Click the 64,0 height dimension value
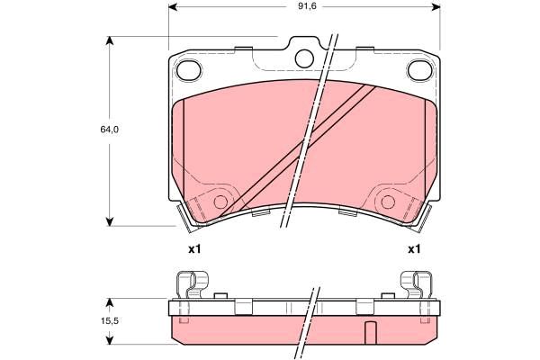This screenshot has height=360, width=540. (x=110, y=130)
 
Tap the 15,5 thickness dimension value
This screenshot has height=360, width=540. (x=110, y=320)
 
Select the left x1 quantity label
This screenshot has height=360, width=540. (x=194, y=249)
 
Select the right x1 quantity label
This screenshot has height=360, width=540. (x=414, y=249)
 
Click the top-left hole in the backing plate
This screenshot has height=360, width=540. (x=188, y=70)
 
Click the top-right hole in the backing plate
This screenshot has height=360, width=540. (x=419, y=70)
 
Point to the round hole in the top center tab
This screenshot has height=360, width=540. (x=304, y=58)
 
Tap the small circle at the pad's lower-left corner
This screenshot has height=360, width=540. (x=220, y=202)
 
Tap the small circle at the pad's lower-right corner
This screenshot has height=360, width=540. (x=388, y=202)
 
